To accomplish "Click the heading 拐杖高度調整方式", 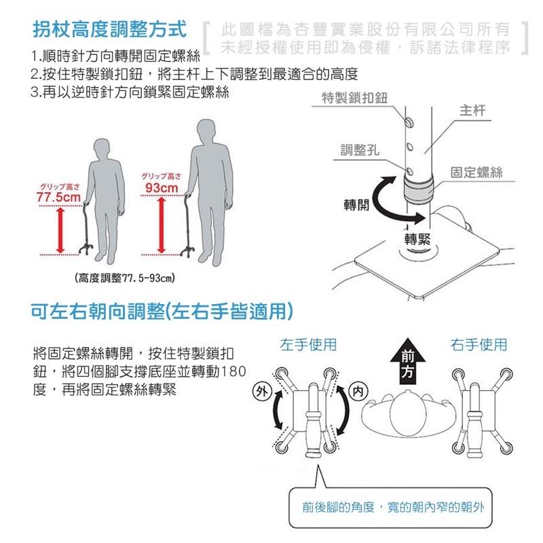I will tap(109, 30).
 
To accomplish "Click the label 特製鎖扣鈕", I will tap(355, 99).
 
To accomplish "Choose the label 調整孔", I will tap(360, 149).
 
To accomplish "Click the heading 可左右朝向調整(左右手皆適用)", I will tap(163, 312).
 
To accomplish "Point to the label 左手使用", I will tap(309, 345).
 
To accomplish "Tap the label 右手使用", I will tap(479, 345).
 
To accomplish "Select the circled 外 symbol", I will tap(260, 390).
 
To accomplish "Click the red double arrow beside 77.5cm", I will tap(60, 231).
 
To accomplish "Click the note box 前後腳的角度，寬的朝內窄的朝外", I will tap(390, 507).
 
